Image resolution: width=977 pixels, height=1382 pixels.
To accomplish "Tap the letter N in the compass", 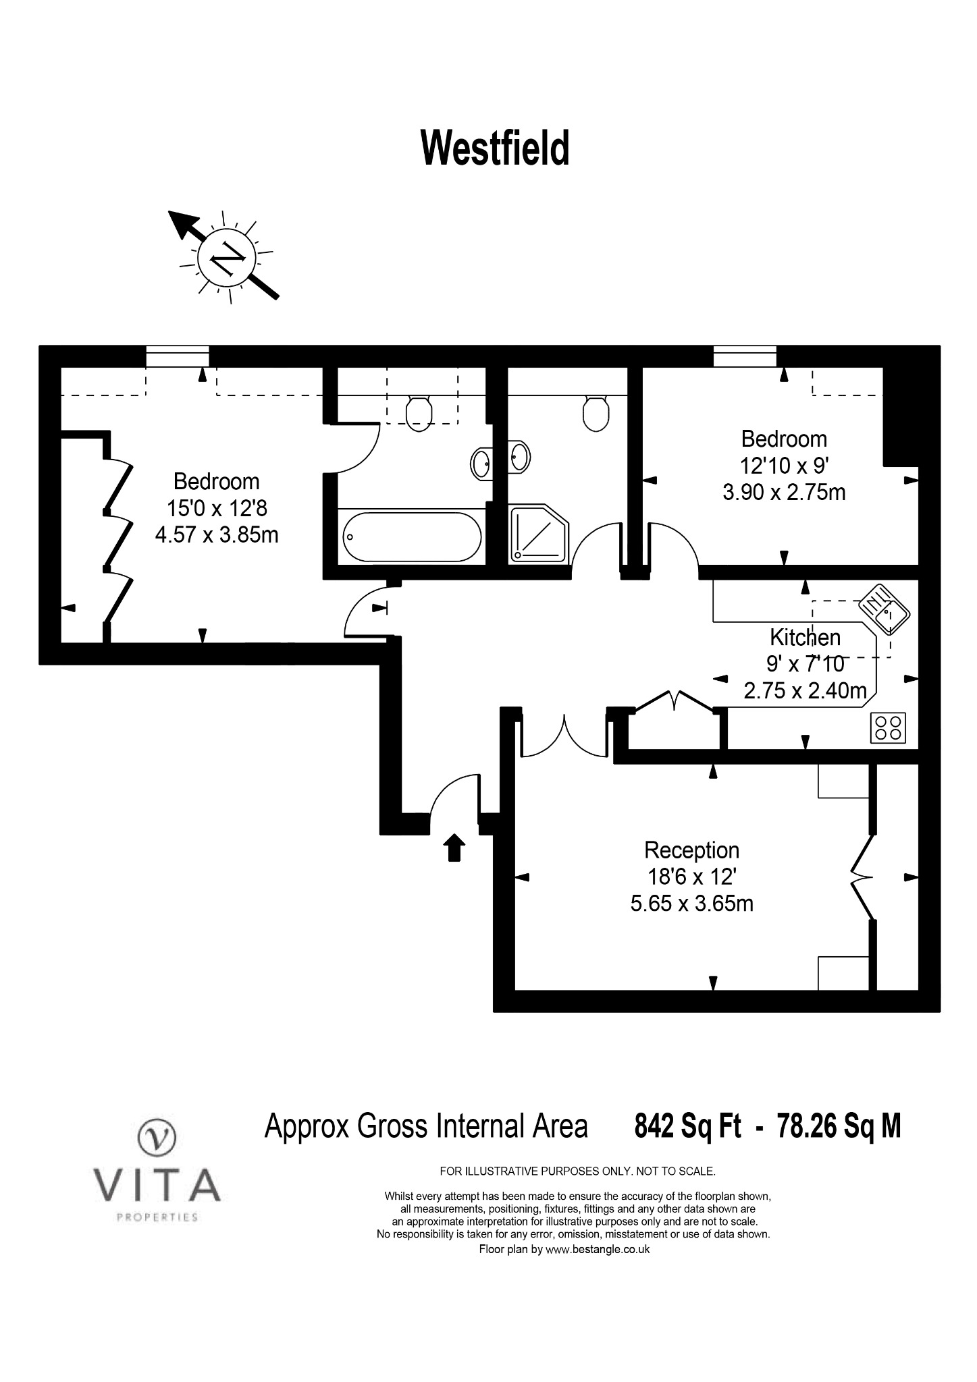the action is coord(227,256).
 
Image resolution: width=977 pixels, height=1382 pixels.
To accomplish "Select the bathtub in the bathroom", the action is coord(412,536).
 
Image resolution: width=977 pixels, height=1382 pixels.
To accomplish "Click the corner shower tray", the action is coord(539,533).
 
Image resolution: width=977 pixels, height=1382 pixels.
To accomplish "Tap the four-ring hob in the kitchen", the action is coord(888,727).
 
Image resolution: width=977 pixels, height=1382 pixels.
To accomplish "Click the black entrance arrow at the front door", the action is coord(454,848).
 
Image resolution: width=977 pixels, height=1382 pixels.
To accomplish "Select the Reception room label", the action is coord(692,850).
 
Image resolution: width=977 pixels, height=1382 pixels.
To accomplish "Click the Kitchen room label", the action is coord(806,637).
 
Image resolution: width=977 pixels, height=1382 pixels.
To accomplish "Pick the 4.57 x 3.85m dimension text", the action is coord(217,535).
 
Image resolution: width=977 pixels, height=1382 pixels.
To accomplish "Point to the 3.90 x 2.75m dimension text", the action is coord(784,492).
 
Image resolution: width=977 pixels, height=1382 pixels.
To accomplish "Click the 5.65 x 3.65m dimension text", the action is coord(692,903).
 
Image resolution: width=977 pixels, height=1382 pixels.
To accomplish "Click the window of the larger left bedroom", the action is coord(178,356).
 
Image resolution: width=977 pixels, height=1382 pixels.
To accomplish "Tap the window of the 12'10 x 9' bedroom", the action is coord(745,356).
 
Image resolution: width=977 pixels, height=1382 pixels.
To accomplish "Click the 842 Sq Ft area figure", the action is coord(687,1126).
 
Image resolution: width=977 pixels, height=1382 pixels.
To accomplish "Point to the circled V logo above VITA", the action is coord(157,1137).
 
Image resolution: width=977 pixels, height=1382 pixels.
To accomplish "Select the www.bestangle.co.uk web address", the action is coord(598,1249).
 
